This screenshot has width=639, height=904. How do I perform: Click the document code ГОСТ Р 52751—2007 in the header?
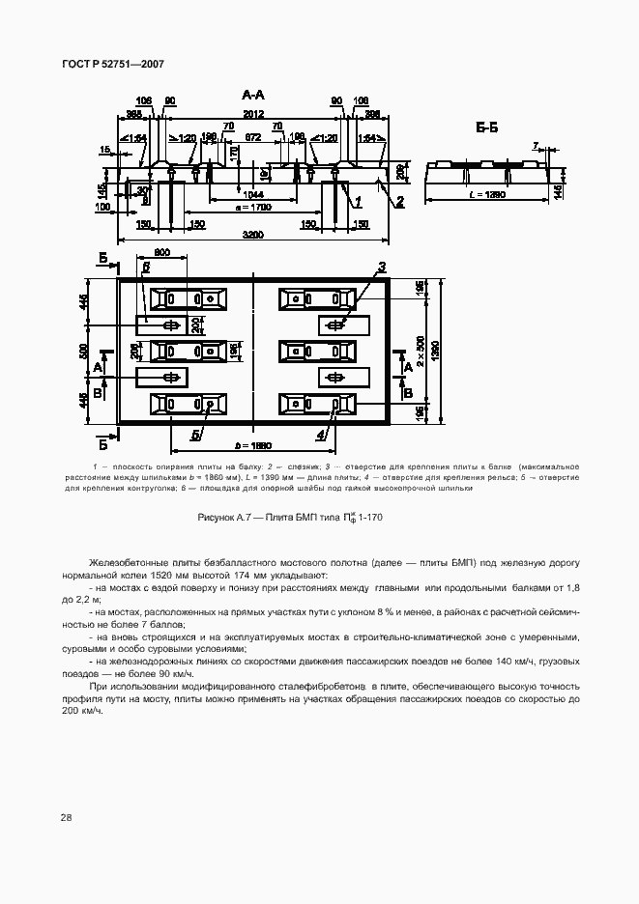[114, 64]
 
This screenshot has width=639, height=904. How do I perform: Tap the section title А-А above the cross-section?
[253, 95]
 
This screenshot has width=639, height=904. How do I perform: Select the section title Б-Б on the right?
[486, 128]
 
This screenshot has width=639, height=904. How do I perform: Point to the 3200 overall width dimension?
[253, 235]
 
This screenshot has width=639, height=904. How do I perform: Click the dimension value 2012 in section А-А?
[253, 115]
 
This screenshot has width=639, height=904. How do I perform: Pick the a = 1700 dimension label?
[253, 208]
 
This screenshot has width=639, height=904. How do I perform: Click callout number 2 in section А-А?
[398, 201]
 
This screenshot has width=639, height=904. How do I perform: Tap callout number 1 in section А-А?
[357, 201]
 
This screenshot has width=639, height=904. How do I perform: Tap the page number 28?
[66, 818]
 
